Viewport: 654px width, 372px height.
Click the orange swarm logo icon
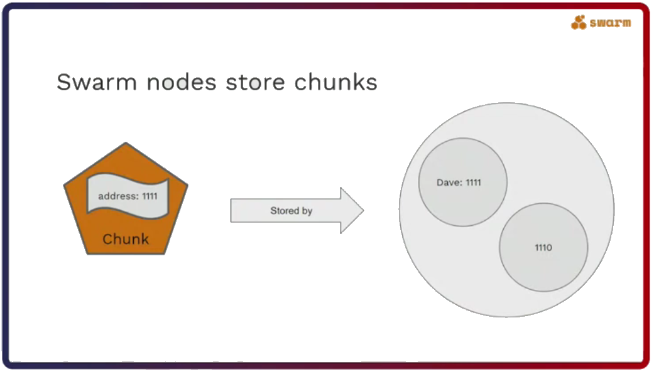pyautogui.click(x=579, y=23)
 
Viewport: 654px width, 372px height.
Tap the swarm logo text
pyautogui.click(x=610, y=24)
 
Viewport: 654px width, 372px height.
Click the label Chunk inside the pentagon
pyautogui.click(x=126, y=239)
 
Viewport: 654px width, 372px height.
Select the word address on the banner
pyautogui.click(x=117, y=196)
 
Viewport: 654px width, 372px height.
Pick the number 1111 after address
pyautogui.click(x=150, y=196)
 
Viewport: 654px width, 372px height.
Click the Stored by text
pyautogui.click(x=291, y=211)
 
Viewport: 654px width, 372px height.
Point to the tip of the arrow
pyautogui.click(x=362, y=211)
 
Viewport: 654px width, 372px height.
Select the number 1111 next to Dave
pyautogui.click(x=473, y=183)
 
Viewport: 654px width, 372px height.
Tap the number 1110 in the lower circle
pyautogui.click(x=543, y=248)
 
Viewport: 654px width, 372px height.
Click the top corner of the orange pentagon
pyautogui.click(x=126, y=144)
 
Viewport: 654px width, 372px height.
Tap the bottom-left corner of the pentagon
pyautogui.click(x=87, y=253)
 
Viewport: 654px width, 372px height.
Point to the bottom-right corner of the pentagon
pyautogui.click(x=165, y=253)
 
